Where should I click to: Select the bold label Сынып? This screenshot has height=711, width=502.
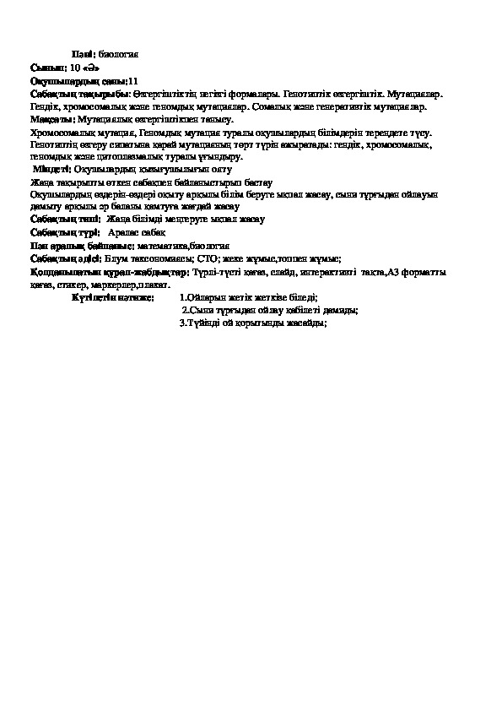pyautogui.click(x=42, y=66)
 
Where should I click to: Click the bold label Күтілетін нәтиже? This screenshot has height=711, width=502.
pyautogui.click(x=113, y=297)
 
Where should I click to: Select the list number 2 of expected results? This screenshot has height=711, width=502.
pyautogui.click(x=186, y=310)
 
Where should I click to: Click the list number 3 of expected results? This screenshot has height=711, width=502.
pyautogui.click(x=183, y=322)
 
